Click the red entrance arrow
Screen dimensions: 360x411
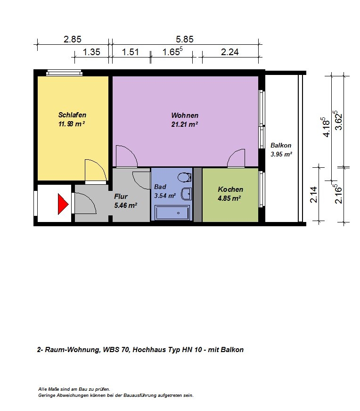coord(63,204)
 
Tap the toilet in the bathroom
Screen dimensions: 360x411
coord(184,177)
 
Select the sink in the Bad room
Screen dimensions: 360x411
coord(187,194)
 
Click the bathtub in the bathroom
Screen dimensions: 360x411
coord(172,213)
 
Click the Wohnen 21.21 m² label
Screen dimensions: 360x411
coord(185,120)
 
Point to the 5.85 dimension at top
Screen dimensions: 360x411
coord(184,39)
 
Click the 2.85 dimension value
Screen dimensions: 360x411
coord(72,39)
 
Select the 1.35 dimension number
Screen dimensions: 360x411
coord(91,52)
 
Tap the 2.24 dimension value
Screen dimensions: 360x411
coord(230,52)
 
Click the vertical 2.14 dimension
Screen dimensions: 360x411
coord(314,195)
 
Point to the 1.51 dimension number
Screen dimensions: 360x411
coord(130,52)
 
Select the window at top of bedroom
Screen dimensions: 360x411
coord(64,73)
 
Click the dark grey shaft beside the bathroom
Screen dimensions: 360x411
coord(197,195)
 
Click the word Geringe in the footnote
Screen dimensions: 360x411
coord(47,395)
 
